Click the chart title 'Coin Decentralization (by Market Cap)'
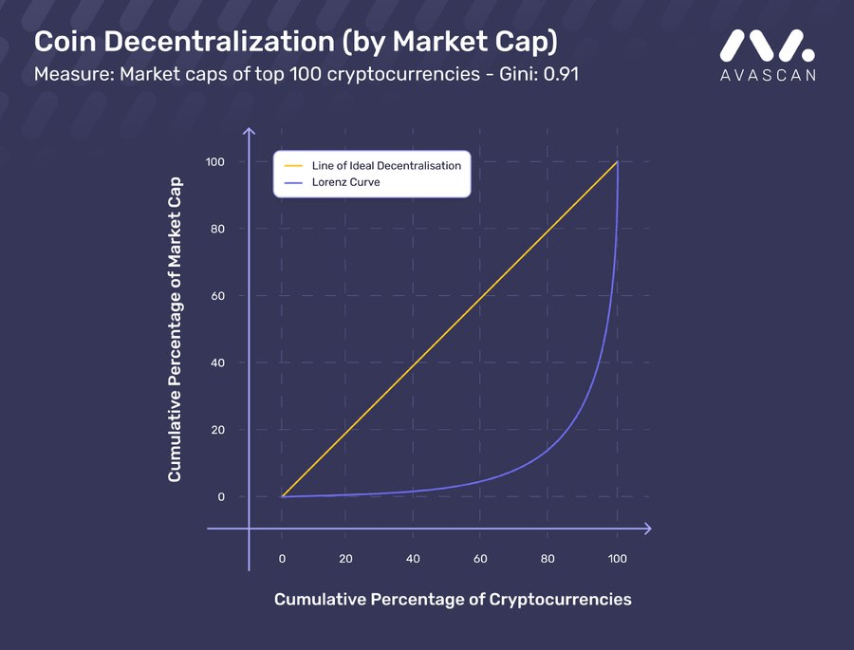coord(296,43)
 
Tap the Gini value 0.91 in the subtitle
coord(561,74)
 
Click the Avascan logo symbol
coord(768,46)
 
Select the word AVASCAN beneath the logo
coord(768,75)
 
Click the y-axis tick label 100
coord(214,162)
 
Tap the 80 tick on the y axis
coord(217,229)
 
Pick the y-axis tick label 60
coord(217,296)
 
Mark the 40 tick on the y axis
coord(217,362)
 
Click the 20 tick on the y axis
coord(217,430)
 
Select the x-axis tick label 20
coord(345,559)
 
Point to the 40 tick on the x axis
coord(413,559)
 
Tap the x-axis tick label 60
coord(480,559)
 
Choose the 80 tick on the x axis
coord(548,559)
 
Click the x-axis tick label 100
coord(617,559)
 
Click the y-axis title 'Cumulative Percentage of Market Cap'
coord(175,329)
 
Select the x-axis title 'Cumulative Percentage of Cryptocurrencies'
coord(453,600)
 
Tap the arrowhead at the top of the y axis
coord(249,131)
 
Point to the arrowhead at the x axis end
coord(648,529)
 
